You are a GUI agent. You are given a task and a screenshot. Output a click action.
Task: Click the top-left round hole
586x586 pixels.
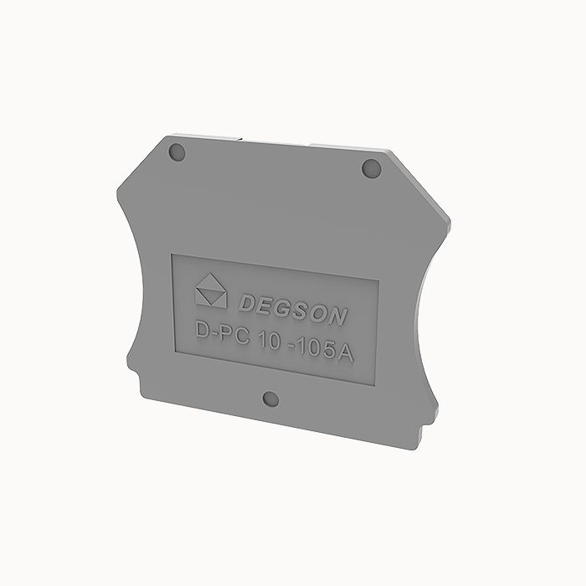pos(177,152)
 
